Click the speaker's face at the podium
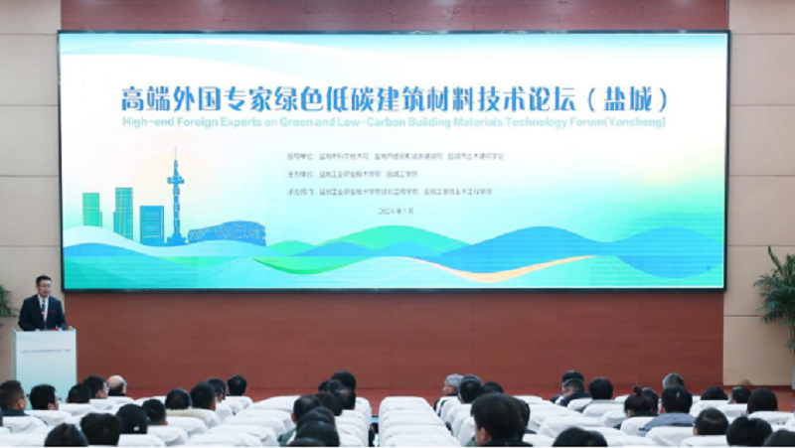pos(43,285)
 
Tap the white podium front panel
pos(45,358)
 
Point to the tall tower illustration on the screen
pos(176,199)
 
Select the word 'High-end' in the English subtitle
pos(142,123)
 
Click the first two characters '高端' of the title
pos(143,100)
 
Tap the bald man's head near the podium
pos(117,384)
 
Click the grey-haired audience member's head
pos(453,382)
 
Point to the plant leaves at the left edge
pos(6,303)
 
